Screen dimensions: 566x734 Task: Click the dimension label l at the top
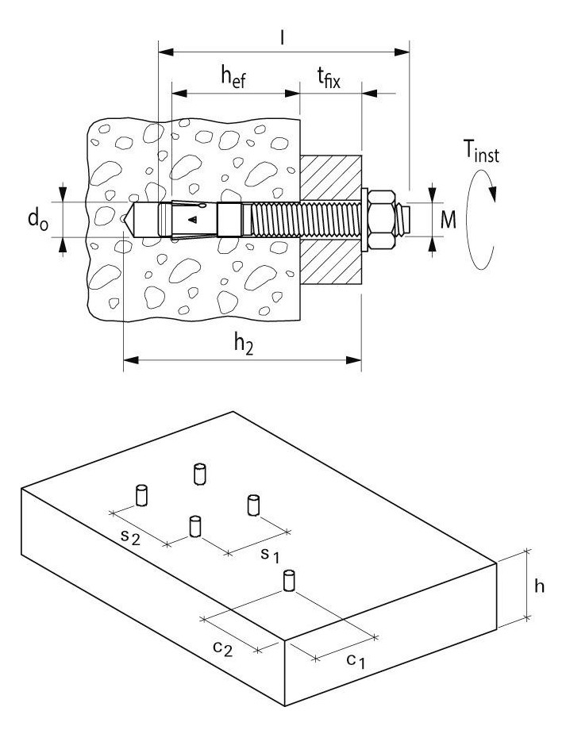[282, 37]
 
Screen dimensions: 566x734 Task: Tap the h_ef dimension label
[233, 76]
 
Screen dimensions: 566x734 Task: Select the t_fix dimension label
[328, 77]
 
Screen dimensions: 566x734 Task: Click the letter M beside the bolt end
[448, 219]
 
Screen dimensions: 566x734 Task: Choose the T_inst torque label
[481, 152]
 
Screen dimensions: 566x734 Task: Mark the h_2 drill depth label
[243, 344]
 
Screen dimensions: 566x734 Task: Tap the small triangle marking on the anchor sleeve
[192, 219]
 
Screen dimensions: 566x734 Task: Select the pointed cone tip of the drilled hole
[129, 219]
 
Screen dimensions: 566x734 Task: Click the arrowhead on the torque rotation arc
[491, 193]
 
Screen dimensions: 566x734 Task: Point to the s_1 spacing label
[270, 555]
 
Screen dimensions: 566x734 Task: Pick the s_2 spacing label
[130, 536]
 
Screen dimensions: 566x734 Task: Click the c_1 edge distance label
[356, 661]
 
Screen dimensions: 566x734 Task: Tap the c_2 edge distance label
[222, 648]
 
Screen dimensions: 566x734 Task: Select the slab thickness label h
[539, 586]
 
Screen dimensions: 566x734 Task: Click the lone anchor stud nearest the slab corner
[289, 581]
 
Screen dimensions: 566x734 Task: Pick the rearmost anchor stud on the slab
[199, 475]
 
